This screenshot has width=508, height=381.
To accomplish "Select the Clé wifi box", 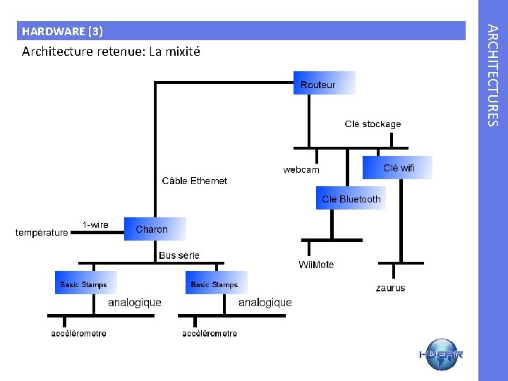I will point(397,168).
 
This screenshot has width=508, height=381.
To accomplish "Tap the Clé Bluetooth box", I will point(351,199).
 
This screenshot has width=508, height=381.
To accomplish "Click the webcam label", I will point(301,170).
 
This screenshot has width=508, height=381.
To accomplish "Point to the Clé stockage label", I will point(373,124).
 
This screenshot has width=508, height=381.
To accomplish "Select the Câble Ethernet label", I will point(195,181).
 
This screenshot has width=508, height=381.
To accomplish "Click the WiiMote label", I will point(316,265).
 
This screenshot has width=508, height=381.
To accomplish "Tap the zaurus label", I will point(390,288).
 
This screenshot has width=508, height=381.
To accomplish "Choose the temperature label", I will point(42,232).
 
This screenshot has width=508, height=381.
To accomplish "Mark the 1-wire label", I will point(95,225).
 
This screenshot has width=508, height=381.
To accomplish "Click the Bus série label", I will point(179,255).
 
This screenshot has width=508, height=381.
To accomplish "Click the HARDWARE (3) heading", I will point(62,31).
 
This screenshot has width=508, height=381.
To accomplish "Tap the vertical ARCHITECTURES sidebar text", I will point(494,75).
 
